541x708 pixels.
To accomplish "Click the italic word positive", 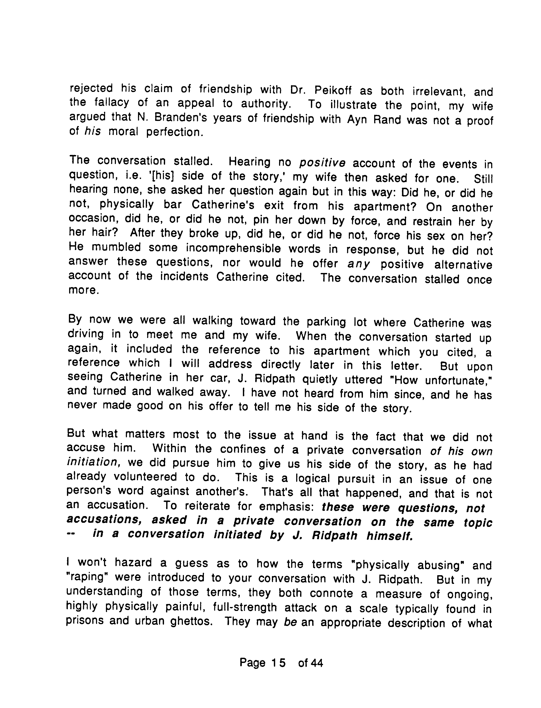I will point(322,163).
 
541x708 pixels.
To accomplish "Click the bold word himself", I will point(390,535).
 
